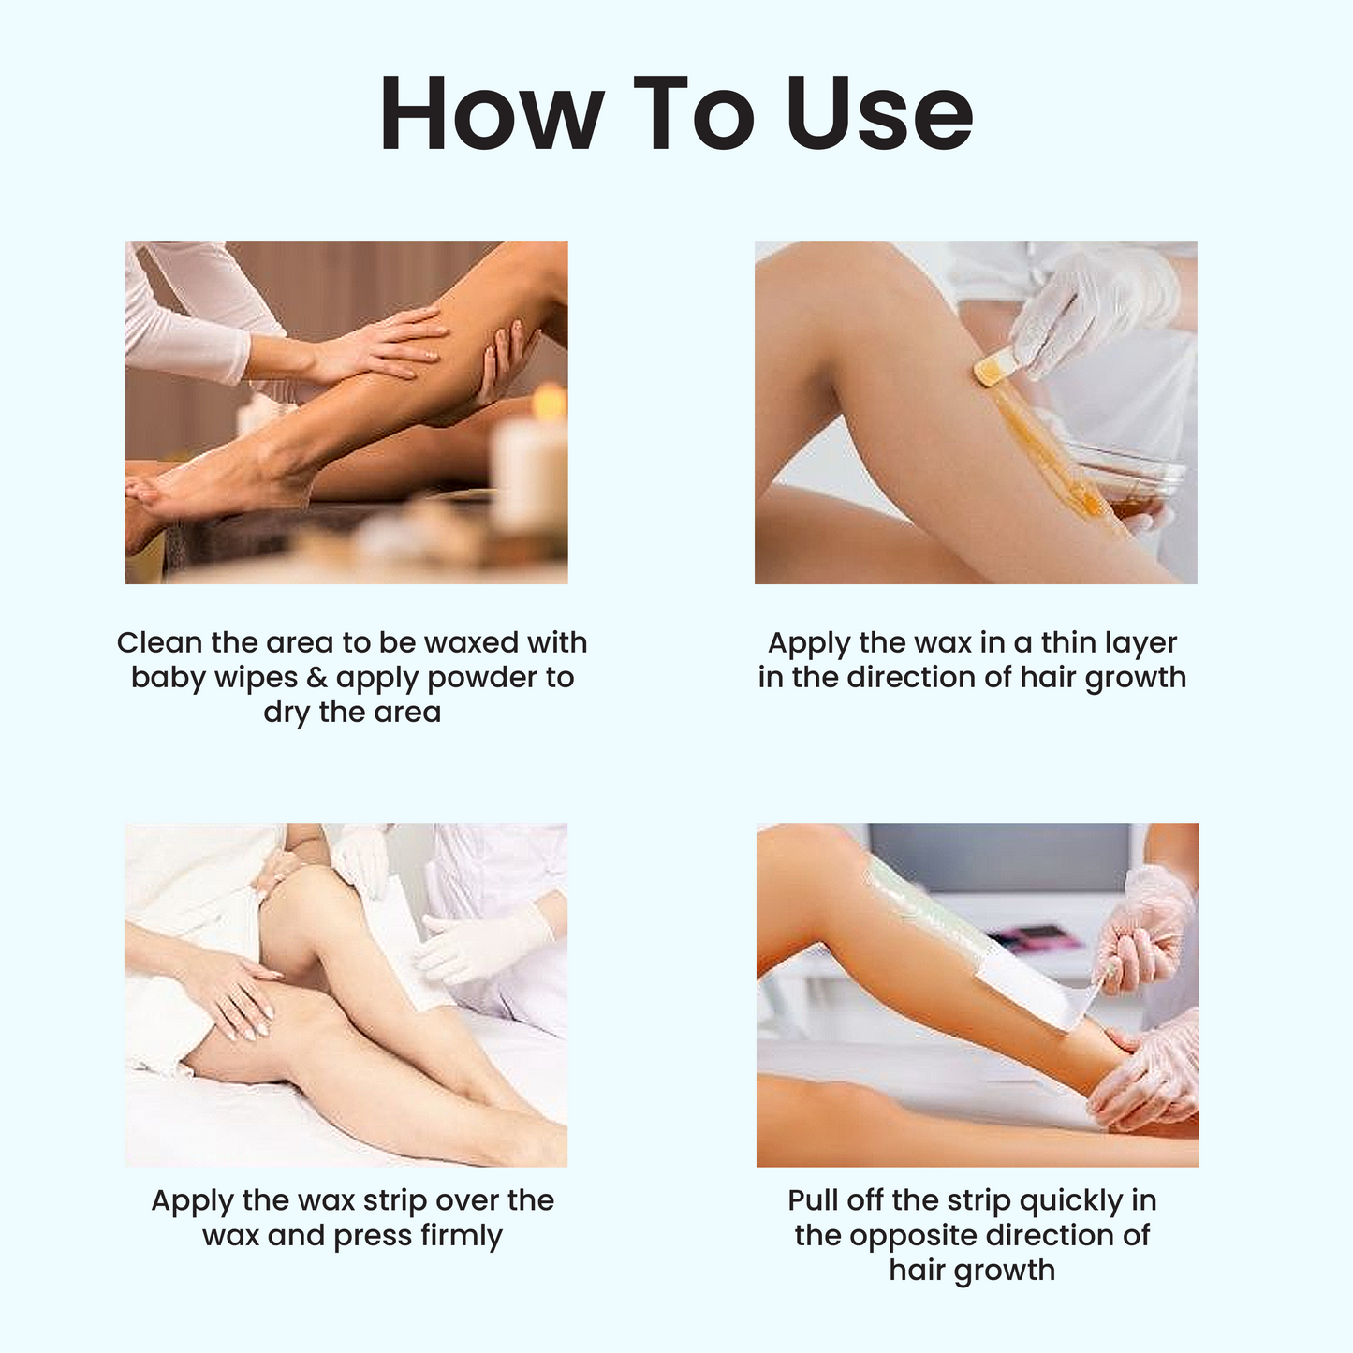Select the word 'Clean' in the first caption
tap(159, 642)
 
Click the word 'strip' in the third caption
tap(395, 1201)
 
